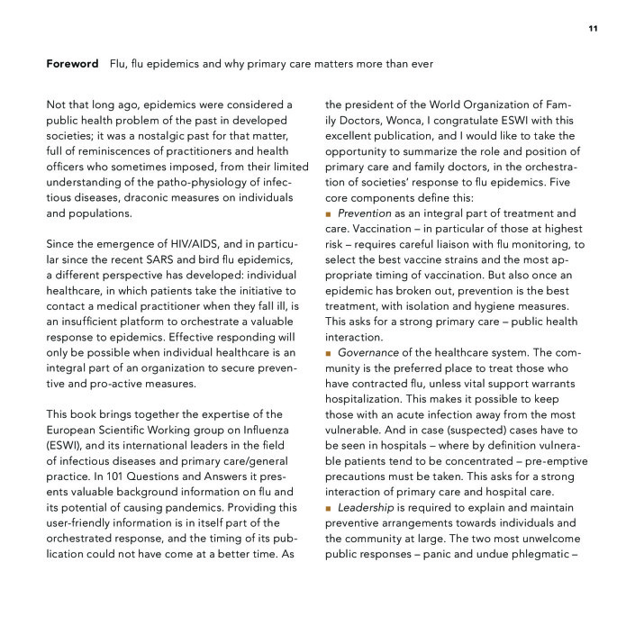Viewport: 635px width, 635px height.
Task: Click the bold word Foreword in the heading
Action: [x=72, y=65]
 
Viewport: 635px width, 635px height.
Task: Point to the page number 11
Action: [x=593, y=29]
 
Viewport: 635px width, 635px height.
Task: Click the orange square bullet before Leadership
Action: [x=330, y=507]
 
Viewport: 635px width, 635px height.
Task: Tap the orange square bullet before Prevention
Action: [x=330, y=213]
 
